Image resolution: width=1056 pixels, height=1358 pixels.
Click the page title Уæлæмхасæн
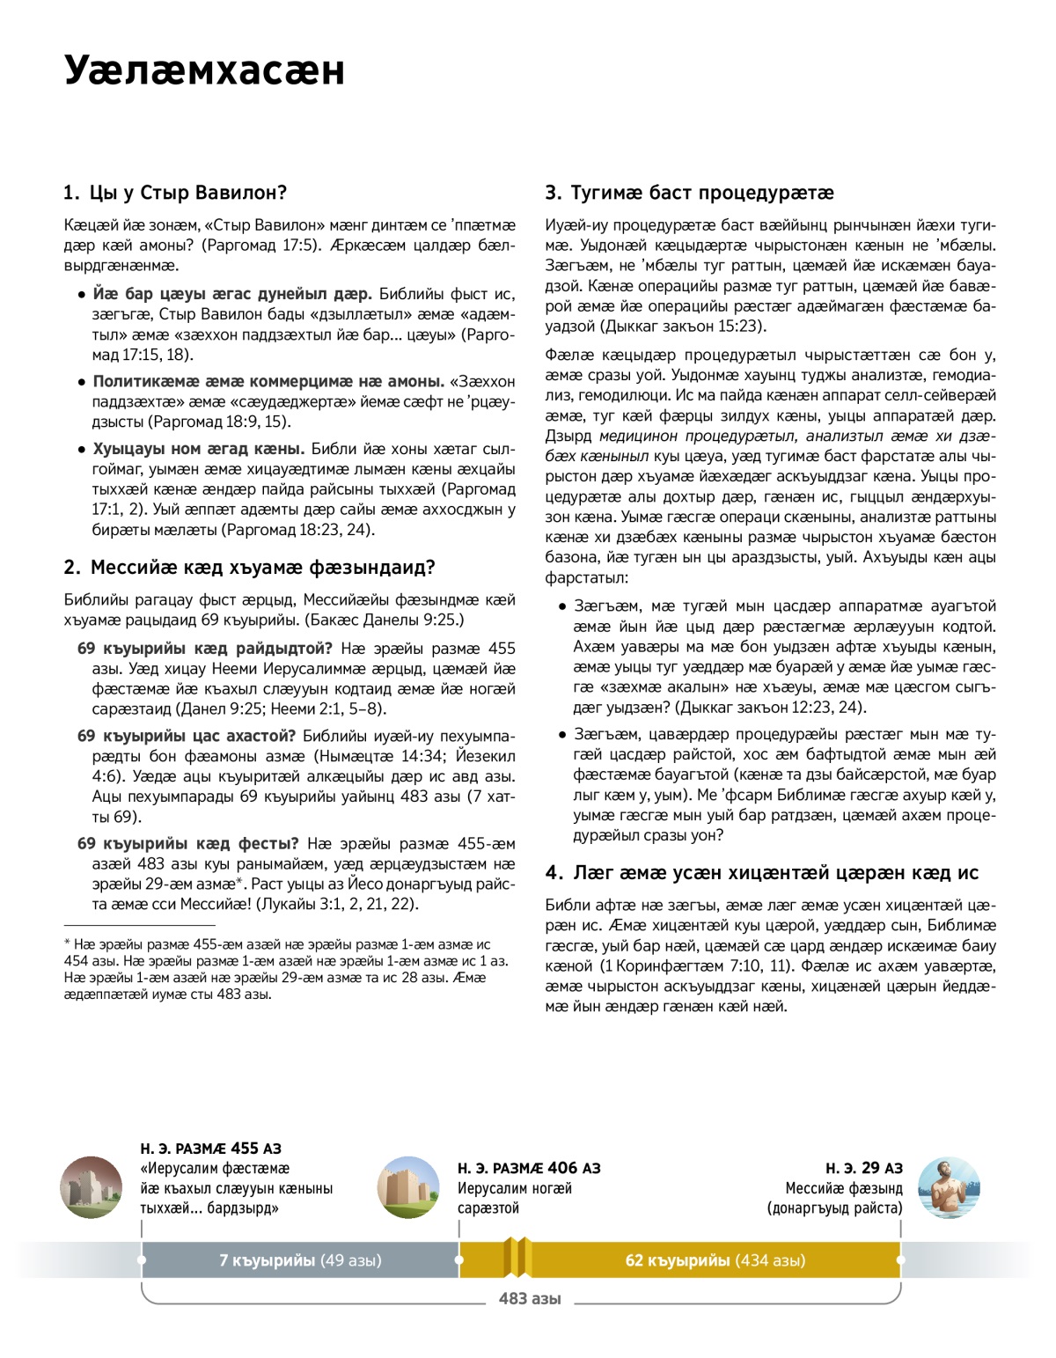(x=204, y=70)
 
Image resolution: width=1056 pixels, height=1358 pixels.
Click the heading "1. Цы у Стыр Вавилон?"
(x=175, y=193)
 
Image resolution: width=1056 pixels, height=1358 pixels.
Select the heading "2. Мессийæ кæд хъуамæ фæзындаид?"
(x=249, y=568)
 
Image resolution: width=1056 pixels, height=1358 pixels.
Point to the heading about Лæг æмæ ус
(x=761, y=873)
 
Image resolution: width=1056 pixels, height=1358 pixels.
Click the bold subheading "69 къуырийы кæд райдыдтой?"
(x=205, y=649)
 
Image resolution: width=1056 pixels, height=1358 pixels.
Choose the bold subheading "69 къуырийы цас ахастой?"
(x=187, y=736)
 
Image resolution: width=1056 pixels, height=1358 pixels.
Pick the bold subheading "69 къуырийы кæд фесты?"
(x=188, y=844)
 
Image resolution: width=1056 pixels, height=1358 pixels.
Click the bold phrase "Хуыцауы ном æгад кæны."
(x=199, y=449)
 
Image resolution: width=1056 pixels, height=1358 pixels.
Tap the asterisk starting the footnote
(x=67, y=943)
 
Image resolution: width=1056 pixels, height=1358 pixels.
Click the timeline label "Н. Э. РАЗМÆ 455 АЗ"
(x=210, y=1149)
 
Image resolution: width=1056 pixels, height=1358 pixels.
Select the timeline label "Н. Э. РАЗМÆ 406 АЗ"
(x=529, y=1169)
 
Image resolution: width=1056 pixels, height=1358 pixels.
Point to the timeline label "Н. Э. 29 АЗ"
(x=863, y=1169)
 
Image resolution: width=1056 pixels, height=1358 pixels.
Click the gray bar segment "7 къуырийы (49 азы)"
(x=300, y=1260)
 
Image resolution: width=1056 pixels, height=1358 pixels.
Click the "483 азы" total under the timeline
(x=530, y=1299)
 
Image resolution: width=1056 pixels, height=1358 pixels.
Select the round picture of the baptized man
(x=948, y=1187)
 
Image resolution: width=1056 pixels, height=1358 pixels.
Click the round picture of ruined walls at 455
(x=91, y=1187)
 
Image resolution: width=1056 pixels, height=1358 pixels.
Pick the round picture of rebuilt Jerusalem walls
(x=408, y=1187)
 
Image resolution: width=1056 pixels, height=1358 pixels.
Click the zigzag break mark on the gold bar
(x=517, y=1259)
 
